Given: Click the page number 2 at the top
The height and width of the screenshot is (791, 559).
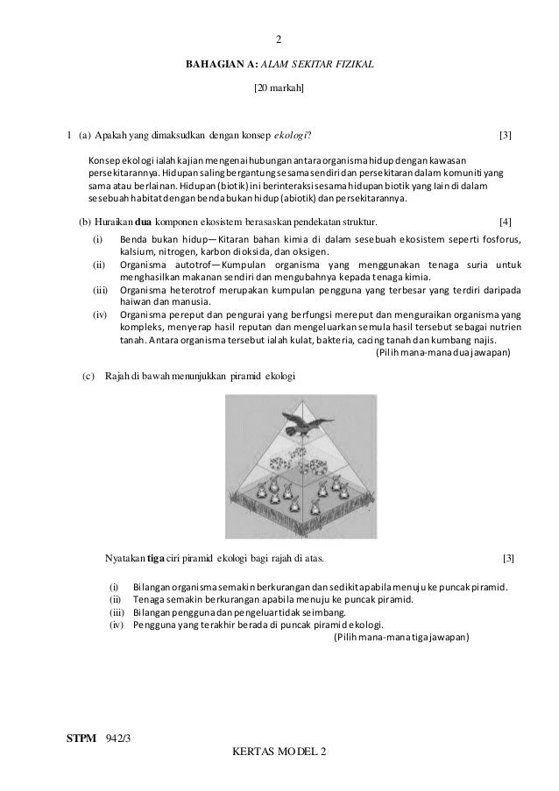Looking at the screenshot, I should [x=279, y=39].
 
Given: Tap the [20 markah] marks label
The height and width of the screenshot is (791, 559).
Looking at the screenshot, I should [x=279, y=88].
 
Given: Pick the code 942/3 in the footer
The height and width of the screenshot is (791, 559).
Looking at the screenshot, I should [x=118, y=739].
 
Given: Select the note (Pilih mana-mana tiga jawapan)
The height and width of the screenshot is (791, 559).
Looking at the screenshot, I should [x=402, y=637].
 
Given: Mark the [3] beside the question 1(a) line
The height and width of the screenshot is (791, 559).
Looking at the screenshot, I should [x=505, y=135].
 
